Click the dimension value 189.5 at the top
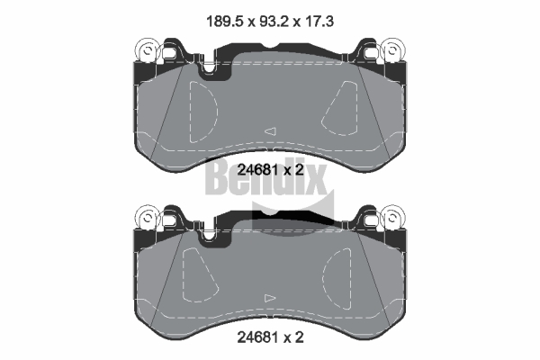click(224, 22)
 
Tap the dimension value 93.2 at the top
click(274, 22)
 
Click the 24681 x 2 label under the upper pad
click(270, 169)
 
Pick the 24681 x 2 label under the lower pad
click(270, 337)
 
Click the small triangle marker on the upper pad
click(271, 131)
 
